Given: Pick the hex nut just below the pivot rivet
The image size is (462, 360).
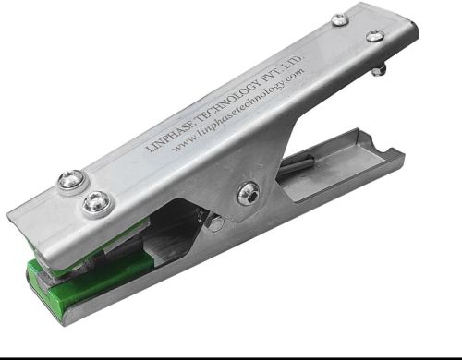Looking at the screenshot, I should [x=215, y=222].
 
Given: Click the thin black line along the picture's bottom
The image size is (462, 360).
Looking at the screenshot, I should [x=231, y=354].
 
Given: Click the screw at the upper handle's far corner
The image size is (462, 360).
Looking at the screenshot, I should [x=374, y=36].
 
